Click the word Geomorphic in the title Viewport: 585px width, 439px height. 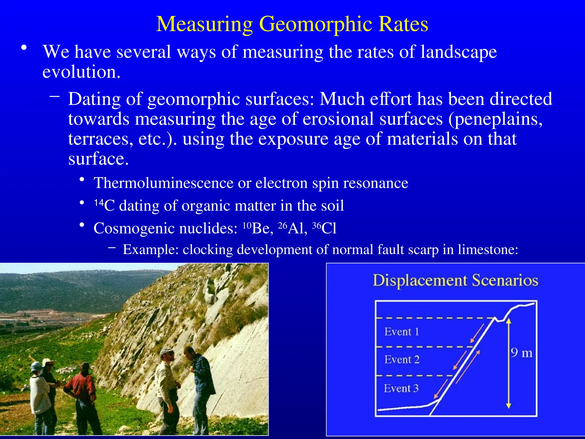[315, 24]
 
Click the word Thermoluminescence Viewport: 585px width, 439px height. [163, 183]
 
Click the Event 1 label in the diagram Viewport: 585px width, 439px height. [401, 332]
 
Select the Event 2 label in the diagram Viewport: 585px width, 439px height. [402, 360]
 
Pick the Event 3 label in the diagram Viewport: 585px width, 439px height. [401, 388]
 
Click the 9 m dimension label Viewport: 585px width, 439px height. [522, 353]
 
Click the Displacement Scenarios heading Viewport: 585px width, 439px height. [455, 280]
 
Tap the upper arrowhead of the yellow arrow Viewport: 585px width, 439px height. [508, 322]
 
